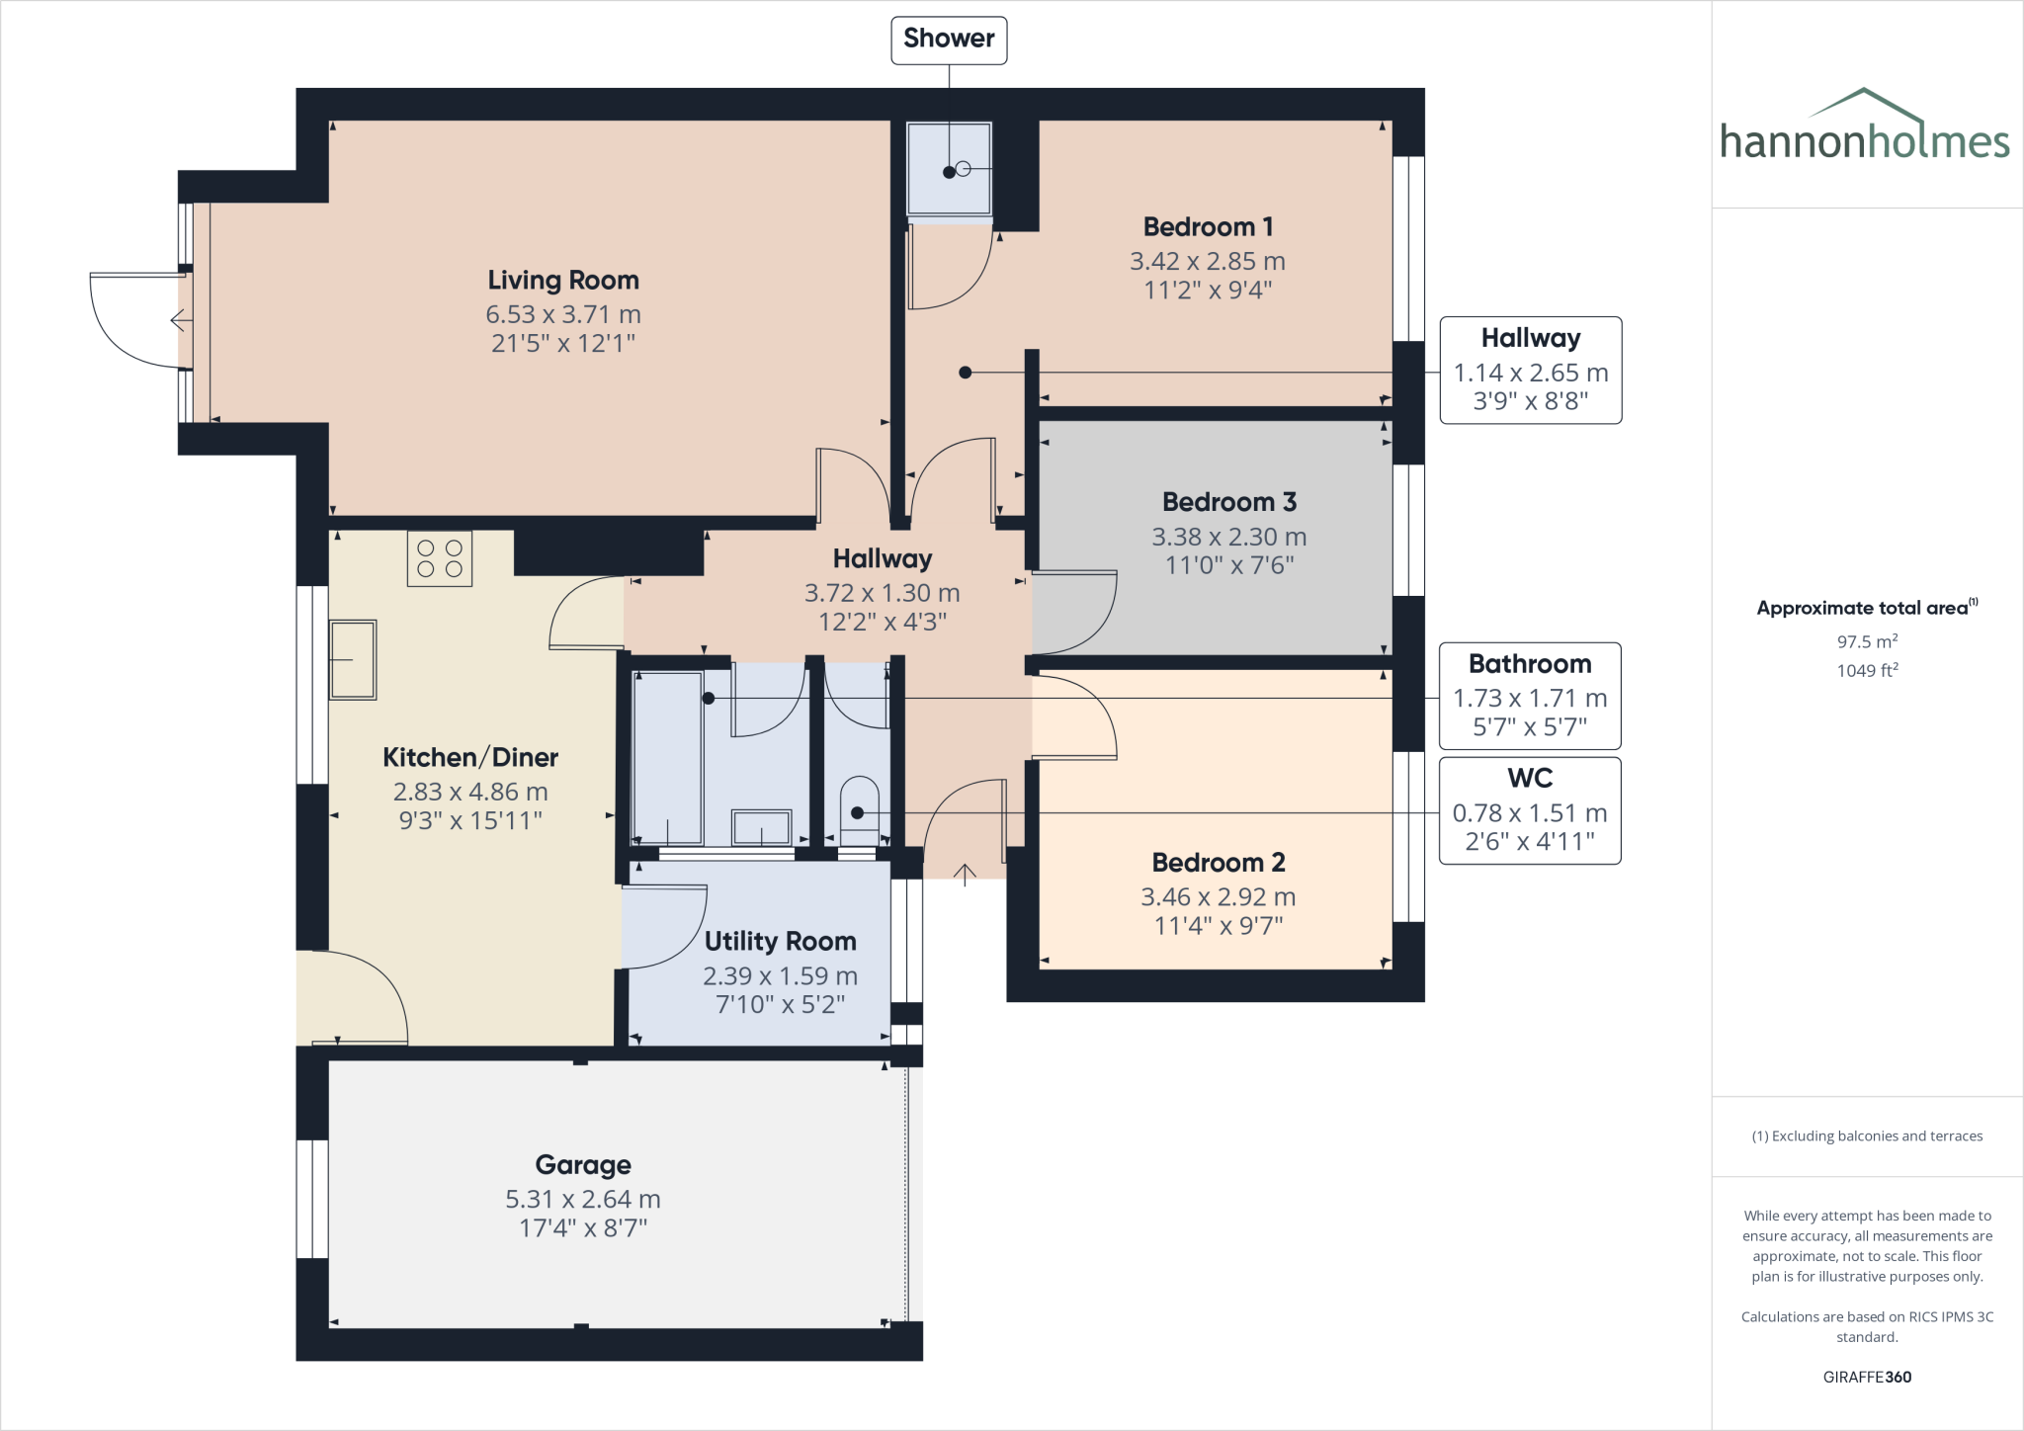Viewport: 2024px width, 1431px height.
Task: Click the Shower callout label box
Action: click(949, 40)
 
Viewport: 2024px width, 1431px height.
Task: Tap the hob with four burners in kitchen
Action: click(440, 558)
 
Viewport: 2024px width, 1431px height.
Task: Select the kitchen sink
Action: click(353, 659)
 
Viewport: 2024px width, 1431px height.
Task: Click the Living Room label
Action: click(563, 281)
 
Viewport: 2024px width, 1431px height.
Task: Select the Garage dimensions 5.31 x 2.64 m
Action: click(583, 1199)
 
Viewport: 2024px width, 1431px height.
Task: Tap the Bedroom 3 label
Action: click(1228, 502)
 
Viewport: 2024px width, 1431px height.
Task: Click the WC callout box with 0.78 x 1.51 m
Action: click(1529, 810)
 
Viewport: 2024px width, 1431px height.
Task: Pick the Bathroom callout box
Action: click(1529, 696)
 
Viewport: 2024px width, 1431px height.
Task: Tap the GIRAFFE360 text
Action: click(1867, 1377)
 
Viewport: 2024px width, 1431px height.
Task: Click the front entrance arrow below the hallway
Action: click(965, 874)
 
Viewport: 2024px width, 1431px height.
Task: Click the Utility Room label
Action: click(780, 942)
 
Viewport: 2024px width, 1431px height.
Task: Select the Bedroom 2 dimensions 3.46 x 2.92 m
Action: click(1218, 896)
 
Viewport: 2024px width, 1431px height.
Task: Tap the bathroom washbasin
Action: click(761, 827)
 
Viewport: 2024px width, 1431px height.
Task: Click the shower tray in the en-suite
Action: click(949, 168)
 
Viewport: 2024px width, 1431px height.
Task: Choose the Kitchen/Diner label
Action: click(470, 758)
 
